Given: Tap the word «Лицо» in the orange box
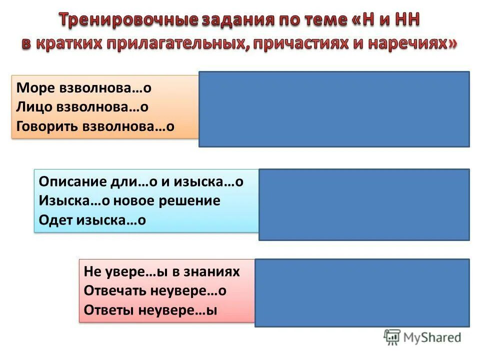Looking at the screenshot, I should (33, 107).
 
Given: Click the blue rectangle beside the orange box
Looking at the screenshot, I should (334, 109).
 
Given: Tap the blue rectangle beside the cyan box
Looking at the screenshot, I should (364, 204).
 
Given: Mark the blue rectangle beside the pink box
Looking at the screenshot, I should (362, 292).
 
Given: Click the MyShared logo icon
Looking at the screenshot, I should (392, 337).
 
